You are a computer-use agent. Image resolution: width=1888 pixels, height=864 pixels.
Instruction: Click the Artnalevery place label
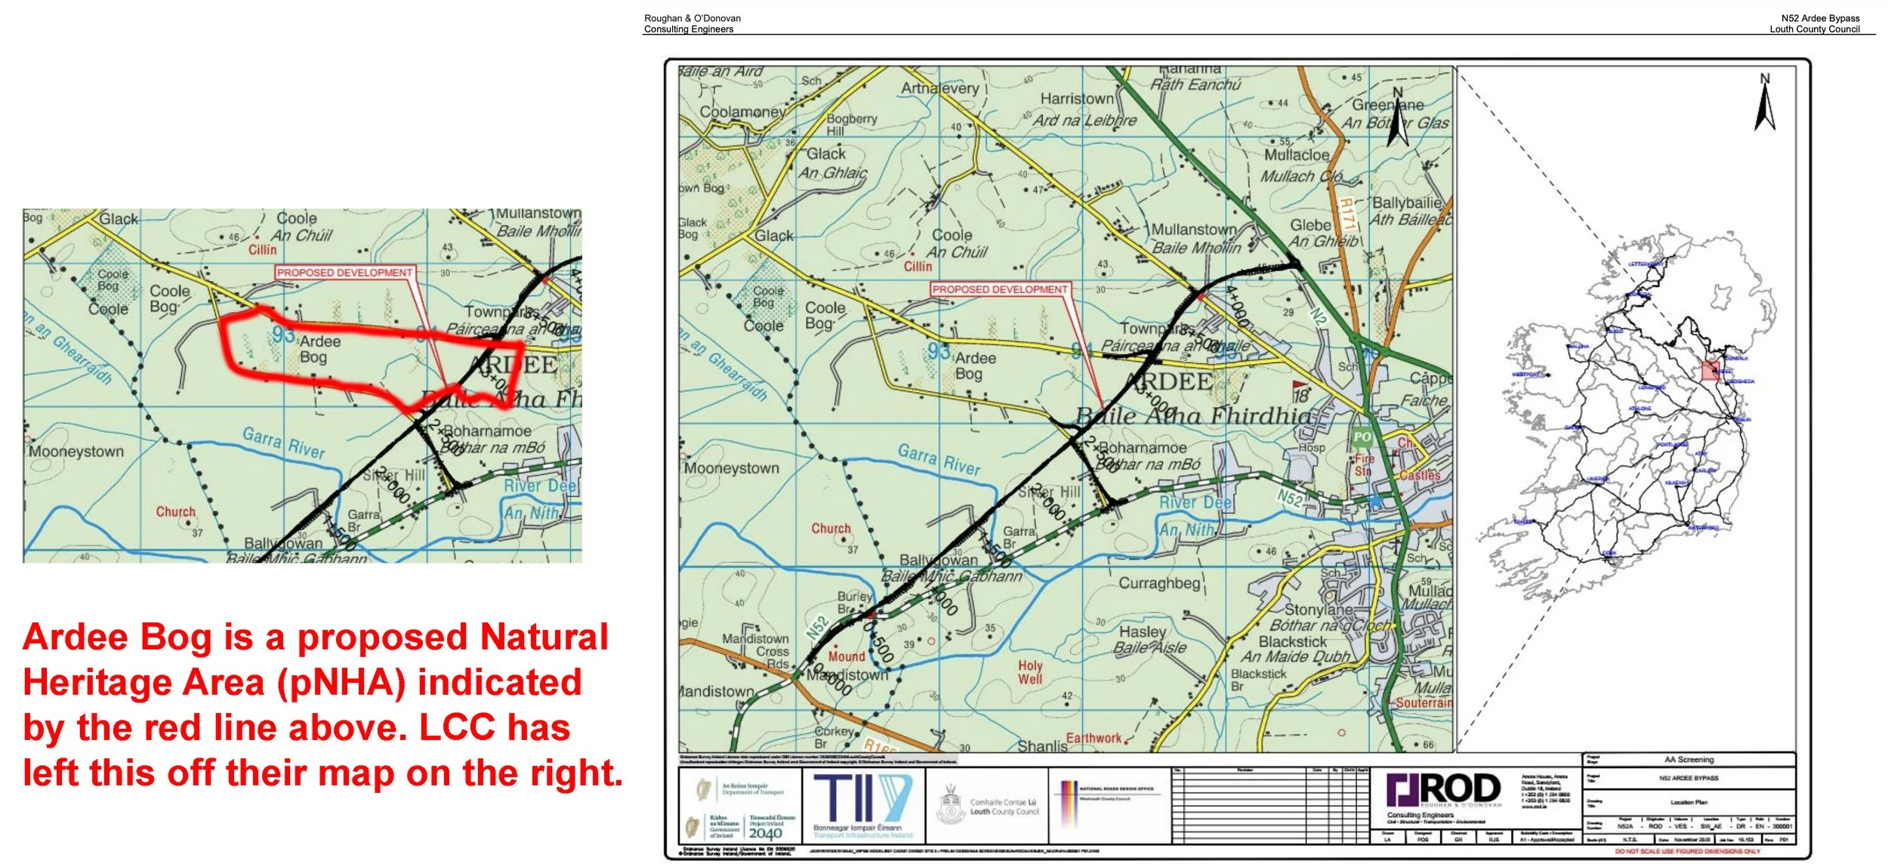939,88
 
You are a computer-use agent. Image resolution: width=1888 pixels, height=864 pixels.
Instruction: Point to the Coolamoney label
742,112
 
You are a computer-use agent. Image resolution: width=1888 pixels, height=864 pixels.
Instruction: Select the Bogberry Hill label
851,125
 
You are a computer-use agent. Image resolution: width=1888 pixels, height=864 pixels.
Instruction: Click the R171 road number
1347,213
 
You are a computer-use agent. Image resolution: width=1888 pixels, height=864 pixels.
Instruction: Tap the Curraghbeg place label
1159,583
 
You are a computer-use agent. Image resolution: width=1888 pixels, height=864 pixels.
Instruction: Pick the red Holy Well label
1030,672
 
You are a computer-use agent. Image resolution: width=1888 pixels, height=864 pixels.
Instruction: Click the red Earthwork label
1094,738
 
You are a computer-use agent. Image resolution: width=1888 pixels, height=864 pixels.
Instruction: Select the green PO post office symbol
1362,437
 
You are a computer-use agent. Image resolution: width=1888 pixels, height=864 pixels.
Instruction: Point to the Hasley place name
1142,631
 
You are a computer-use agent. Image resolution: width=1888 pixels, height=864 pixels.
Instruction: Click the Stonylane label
1319,609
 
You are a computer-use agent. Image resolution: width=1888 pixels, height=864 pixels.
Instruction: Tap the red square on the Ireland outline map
1710,370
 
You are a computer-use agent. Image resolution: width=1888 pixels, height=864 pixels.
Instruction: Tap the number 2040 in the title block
765,833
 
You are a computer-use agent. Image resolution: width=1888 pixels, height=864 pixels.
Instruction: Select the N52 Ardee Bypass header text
1820,18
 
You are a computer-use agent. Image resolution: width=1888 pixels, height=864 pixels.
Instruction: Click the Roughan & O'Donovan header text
692,18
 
